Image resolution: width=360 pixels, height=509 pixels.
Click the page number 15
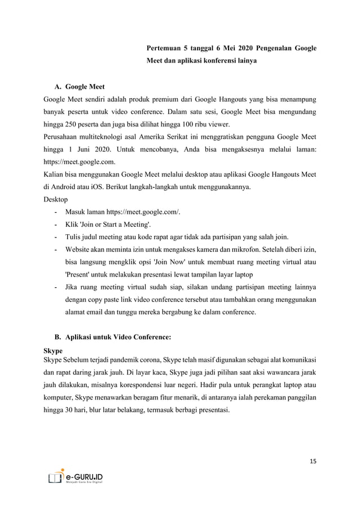pos(313,462)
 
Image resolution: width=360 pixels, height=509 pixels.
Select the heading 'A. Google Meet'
pos(79,87)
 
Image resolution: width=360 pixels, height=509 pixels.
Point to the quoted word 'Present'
pos(78,274)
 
